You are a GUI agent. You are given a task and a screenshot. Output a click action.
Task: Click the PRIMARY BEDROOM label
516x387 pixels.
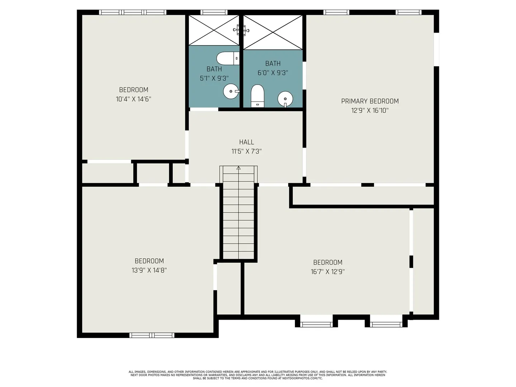click(x=370, y=101)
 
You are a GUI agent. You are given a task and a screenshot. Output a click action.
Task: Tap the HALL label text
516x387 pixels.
click(x=247, y=142)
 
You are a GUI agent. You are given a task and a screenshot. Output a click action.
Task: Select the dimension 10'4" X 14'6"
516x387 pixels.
click(x=133, y=99)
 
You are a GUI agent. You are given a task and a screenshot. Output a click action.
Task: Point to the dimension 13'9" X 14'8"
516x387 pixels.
click(x=149, y=271)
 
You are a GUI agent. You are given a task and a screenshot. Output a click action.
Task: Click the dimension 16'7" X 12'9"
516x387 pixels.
click(x=328, y=272)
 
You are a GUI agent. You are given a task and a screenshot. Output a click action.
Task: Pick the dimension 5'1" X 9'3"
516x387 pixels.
click(x=214, y=78)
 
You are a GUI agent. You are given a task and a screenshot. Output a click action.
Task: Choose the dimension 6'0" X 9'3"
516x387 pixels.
click(x=273, y=73)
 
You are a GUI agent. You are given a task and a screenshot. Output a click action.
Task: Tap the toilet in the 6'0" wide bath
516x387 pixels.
click(x=257, y=96)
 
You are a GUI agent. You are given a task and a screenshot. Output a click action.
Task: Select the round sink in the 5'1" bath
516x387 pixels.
click(x=231, y=91)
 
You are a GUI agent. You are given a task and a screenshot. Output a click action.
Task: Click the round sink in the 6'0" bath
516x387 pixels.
click(x=285, y=99)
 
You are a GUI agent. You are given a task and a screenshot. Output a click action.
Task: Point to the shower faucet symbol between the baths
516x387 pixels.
click(x=241, y=30)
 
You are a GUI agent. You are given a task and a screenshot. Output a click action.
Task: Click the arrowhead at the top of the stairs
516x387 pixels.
click(x=238, y=168)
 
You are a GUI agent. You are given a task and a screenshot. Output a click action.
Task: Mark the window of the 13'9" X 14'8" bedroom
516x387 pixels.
click(x=152, y=335)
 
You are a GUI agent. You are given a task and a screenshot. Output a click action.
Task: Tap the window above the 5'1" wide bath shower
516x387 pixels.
click(x=214, y=12)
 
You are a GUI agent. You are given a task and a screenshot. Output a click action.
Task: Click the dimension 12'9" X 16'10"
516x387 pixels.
click(x=370, y=110)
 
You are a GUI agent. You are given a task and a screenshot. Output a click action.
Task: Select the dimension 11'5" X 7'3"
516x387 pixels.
click(x=247, y=151)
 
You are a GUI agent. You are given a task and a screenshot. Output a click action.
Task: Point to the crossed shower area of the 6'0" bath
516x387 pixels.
click(x=273, y=32)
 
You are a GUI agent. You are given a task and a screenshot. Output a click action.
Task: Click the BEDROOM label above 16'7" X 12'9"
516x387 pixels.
click(x=328, y=262)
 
